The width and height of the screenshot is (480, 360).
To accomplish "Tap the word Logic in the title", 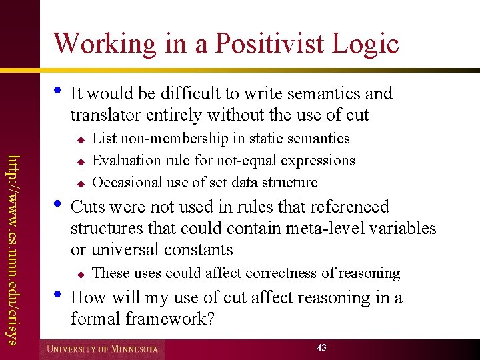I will point(364,43).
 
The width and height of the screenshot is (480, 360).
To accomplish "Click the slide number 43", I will point(321,348).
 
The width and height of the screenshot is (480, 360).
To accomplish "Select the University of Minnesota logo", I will point(103,349).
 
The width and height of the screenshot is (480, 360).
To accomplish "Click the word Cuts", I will point(90,207).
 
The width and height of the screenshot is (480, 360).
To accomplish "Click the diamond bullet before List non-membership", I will point(78,139).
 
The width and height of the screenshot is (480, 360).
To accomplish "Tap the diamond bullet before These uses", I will point(78,273).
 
